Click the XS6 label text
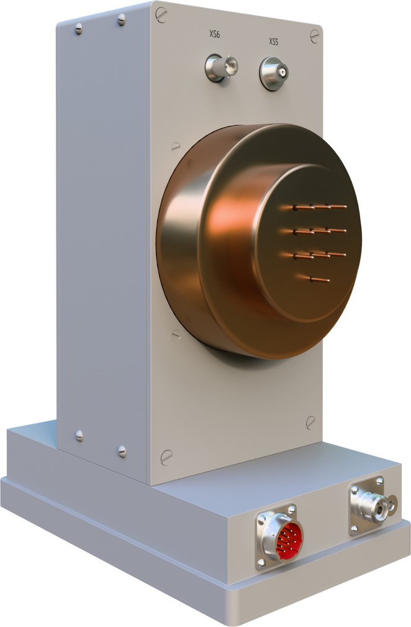(215, 34)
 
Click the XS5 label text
(273, 42)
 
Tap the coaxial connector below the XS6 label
(220, 68)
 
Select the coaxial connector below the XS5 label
(274, 73)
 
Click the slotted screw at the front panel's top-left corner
(161, 15)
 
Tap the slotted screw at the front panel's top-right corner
(315, 36)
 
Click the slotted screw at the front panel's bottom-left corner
(166, 457)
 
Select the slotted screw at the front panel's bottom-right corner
(311, 423)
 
